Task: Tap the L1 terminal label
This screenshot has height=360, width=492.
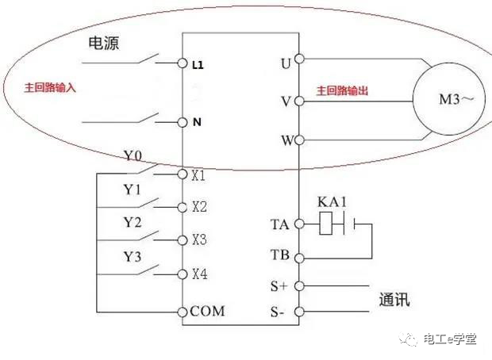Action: [198, 63]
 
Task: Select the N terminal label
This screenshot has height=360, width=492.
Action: [197, 123]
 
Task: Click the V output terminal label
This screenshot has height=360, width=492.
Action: [286, 102]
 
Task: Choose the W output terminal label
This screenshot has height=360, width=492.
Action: [286, 141]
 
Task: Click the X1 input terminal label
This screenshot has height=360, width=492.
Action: [198, 174]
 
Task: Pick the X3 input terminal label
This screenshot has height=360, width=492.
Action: [198, 240]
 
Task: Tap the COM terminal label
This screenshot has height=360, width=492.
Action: [207, 311]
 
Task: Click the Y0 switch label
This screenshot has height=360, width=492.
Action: [133, 156]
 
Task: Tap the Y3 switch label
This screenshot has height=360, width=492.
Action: [133, 256]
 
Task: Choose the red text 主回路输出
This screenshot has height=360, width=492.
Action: [343, 91]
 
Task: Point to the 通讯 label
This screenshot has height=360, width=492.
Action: [395, 301]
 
